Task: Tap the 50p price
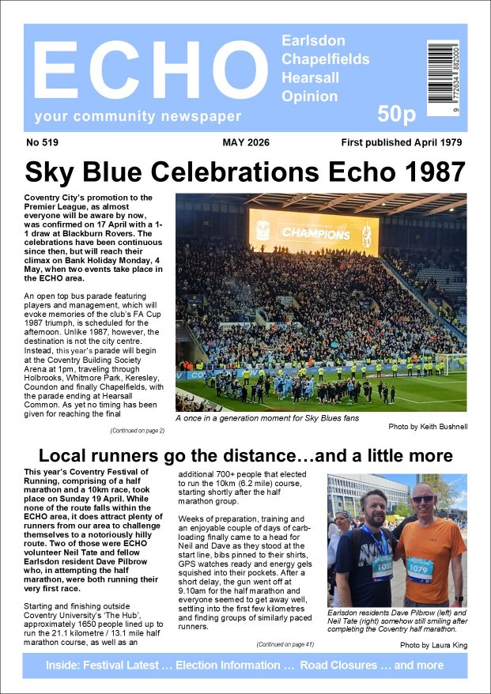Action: (395, 115)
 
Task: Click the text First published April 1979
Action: (402, 143)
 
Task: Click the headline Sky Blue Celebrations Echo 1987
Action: (245, 172)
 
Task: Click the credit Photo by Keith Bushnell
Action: (427, 426)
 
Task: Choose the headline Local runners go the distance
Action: (245, 456)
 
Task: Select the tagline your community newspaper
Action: (138, 117)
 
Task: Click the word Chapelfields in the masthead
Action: (321, 58)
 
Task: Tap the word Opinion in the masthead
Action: (309, 96)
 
